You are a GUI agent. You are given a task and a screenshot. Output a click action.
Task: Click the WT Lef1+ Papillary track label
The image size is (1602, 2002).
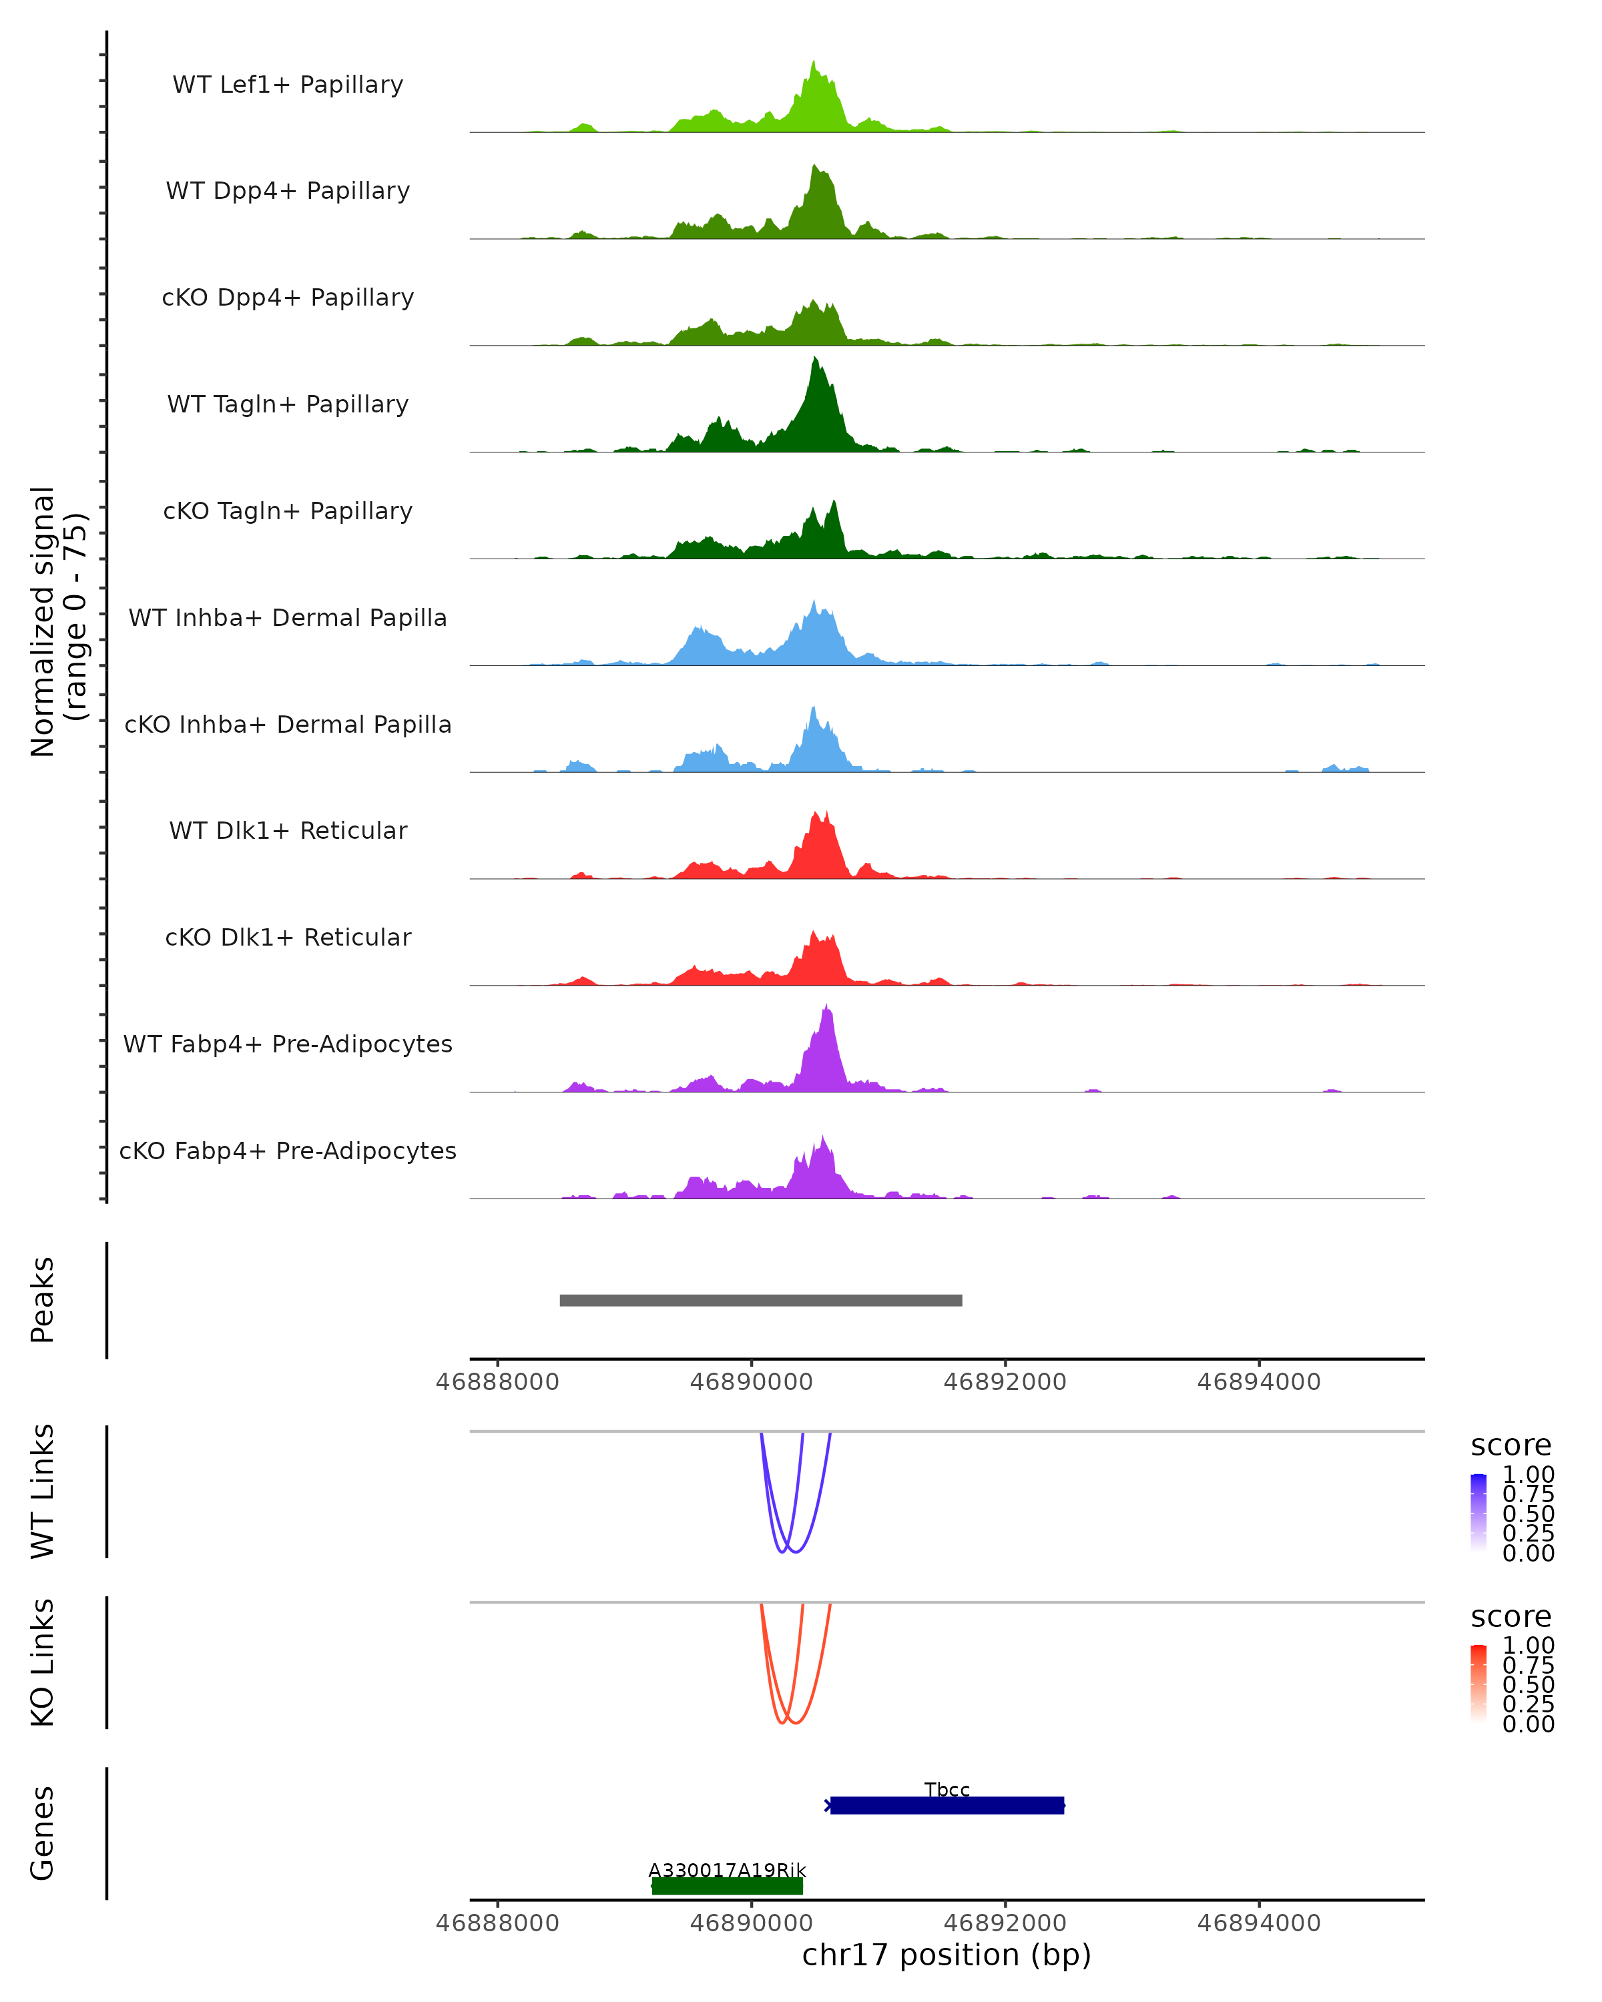[288, 85]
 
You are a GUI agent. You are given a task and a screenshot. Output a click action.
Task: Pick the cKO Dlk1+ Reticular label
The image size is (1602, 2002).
[288, 937]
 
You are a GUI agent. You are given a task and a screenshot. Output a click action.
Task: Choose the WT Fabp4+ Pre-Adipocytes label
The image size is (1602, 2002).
[288, 1044]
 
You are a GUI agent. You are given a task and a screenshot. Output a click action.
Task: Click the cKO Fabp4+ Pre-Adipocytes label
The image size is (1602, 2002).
[288, 1150]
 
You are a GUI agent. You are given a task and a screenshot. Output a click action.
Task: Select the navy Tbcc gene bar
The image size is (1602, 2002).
[947, 1805]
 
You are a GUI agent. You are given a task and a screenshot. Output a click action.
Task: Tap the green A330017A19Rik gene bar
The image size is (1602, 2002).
[727, 1886]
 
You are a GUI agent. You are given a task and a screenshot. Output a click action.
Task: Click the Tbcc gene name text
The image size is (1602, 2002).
[947, 1789]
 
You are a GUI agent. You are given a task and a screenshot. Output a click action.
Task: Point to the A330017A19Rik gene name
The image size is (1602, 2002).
[727, 1870]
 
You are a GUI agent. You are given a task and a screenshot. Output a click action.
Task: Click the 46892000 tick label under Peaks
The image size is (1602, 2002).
[1005, 1382]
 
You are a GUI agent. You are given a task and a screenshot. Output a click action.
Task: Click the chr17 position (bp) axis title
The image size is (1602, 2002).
[947, 1955]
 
